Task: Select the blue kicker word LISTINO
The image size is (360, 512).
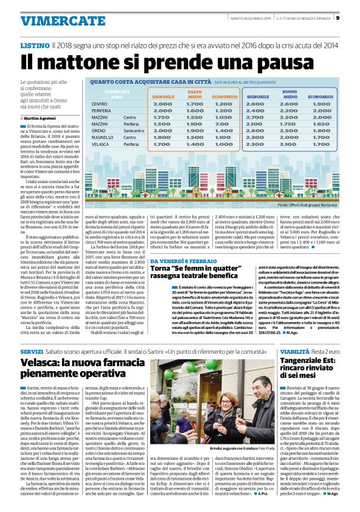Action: click(x=34, y=46)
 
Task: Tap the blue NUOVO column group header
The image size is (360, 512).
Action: click(x=290, y=92)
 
